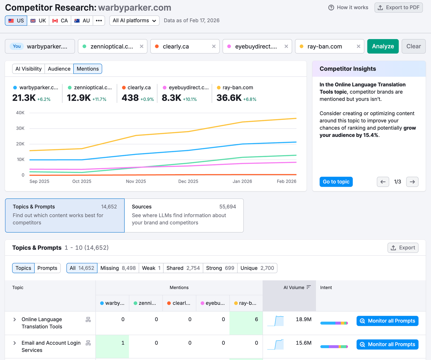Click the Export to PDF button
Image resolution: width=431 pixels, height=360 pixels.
point(398,8)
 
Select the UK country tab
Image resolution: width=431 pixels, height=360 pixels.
point(38,21)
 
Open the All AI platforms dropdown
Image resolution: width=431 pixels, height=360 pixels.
point(134,21)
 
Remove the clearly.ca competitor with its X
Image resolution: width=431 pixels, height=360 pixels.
point(214,46)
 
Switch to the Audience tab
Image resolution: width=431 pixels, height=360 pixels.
point(59,69)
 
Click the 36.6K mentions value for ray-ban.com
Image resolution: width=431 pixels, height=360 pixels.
point(229,98)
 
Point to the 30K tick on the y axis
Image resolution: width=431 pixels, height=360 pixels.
point(20,128)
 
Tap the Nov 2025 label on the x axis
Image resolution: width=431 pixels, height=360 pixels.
point(136,181)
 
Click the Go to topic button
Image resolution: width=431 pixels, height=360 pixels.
point(336,182)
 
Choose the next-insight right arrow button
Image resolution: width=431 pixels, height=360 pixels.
point(412,182)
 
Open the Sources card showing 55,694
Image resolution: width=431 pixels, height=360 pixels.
point(184,215)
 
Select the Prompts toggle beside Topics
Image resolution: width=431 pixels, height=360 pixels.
point(47,268)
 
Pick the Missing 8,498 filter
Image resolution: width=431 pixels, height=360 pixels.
point(118,268)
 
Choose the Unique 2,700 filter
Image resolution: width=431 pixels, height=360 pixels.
point(257,268)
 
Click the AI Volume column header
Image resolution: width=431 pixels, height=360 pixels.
point(294,288)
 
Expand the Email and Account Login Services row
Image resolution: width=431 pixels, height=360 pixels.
point(15,343)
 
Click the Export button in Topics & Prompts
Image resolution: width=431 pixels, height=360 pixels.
point(403,248)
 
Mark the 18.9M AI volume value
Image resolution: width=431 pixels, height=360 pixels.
point(303,319)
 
